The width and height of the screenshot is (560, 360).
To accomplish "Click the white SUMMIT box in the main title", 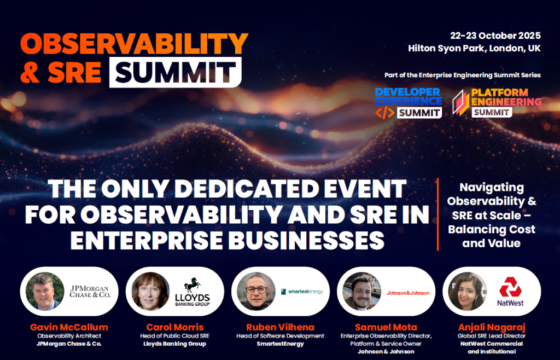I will pos(175,72).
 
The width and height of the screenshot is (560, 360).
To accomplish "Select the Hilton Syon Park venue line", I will pos(474,48).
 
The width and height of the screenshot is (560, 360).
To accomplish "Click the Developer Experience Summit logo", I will pos(408,102).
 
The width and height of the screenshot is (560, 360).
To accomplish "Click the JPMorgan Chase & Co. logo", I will pos(90,291).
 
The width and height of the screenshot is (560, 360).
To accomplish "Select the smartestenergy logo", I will pos(302,292).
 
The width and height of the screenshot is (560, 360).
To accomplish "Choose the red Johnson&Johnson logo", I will pos(408,293).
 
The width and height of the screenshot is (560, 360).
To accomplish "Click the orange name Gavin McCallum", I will pos(69,327).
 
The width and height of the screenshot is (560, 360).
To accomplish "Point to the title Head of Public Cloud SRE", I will pos(174,336).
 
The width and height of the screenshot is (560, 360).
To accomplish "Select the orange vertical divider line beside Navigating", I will pos(438,214).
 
